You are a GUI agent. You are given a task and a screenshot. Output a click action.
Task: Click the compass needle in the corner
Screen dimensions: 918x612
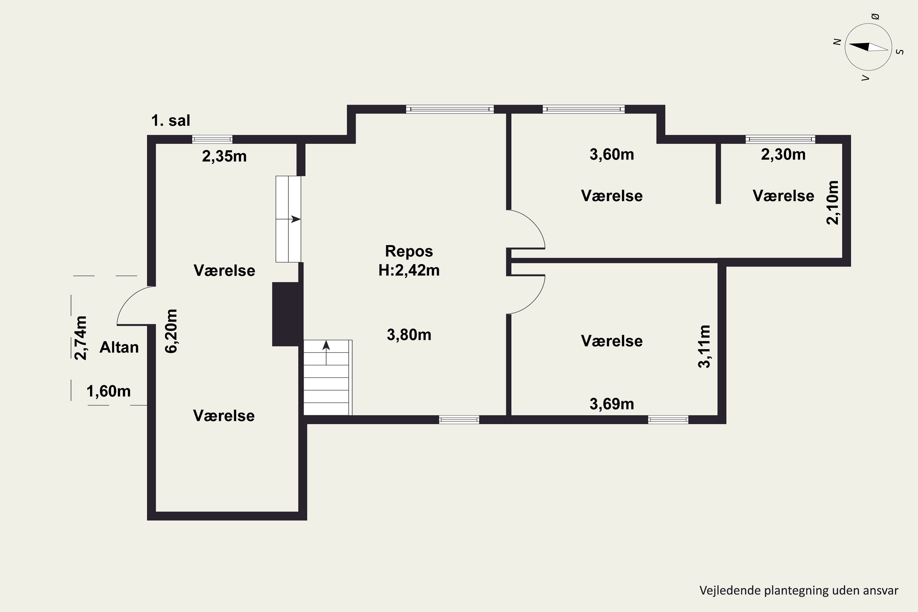[868, 47]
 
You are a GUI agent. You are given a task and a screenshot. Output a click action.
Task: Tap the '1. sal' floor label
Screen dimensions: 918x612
[170, 121]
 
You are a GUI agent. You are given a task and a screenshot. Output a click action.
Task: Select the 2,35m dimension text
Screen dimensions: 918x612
[224, 156]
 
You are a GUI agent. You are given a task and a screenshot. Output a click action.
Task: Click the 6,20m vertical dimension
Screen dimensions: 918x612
[171, 331]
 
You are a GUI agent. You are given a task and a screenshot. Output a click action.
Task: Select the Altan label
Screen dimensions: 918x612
[119, 347]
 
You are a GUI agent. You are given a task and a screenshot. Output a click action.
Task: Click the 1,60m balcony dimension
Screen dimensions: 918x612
[109, 391]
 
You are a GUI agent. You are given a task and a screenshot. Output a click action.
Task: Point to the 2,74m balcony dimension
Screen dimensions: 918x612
[81, 338]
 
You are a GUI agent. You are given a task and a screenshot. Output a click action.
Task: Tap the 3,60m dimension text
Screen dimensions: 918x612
[612, 155]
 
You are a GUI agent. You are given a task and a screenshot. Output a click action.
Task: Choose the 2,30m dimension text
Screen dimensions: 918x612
[783, 155]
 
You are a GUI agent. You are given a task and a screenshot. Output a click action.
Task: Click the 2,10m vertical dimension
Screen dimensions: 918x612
[833, 203]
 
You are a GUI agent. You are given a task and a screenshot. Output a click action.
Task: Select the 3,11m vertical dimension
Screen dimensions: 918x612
[704, 347]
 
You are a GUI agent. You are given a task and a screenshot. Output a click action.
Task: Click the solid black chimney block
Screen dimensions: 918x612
[287, 314]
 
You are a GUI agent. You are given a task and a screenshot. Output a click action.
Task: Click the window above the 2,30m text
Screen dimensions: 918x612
[781, 139]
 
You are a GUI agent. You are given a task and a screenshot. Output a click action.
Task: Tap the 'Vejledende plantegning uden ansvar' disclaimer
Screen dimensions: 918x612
[799, 591]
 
